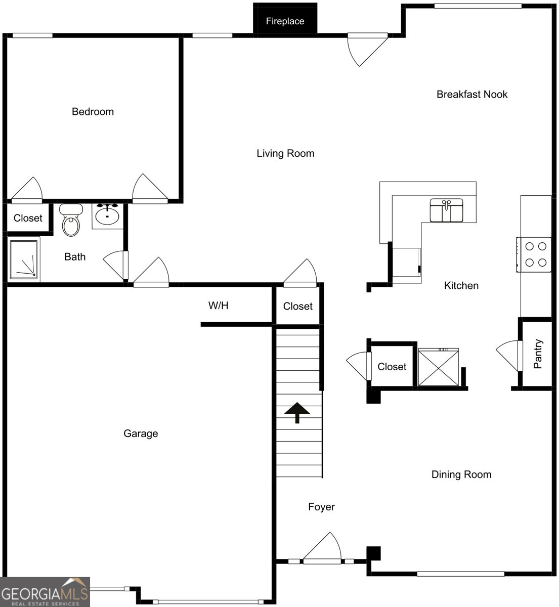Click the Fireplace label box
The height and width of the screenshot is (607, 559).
pyautogui.click(x=285, y=21)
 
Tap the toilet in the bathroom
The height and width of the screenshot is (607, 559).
pyautogui.click(x=71, y=221)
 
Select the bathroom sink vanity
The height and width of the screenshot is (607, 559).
pyautogui.click(x=107, y=215)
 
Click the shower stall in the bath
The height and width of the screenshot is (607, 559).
pyautogui.click(x=24, y=258)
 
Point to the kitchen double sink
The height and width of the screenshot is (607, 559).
pyautogui.click(x=446, y=210)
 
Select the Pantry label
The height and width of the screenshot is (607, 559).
pyautogui.click(x=538, y=354)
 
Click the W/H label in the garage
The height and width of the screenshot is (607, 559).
pyautogui.click(x=218, y=306)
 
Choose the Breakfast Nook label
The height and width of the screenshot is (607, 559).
pyautogui.click(x=471, y=94)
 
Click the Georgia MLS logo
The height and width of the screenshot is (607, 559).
pyautogui.click(x=45, y=592)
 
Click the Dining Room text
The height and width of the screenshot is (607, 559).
pyautogui.click(x=461, y=474)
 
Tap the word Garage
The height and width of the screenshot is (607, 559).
pyautogui.click(x=141, y=433)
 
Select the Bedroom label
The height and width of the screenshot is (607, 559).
pyautogui.click(x=93, y=112)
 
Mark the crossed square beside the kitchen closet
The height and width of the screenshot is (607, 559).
pyautogui.click(x=438, y=368)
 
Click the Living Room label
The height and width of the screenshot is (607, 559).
pyautogui.click(x=285, y=153)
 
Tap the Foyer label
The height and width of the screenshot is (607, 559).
pyautogui.click(x=321, y=507)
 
